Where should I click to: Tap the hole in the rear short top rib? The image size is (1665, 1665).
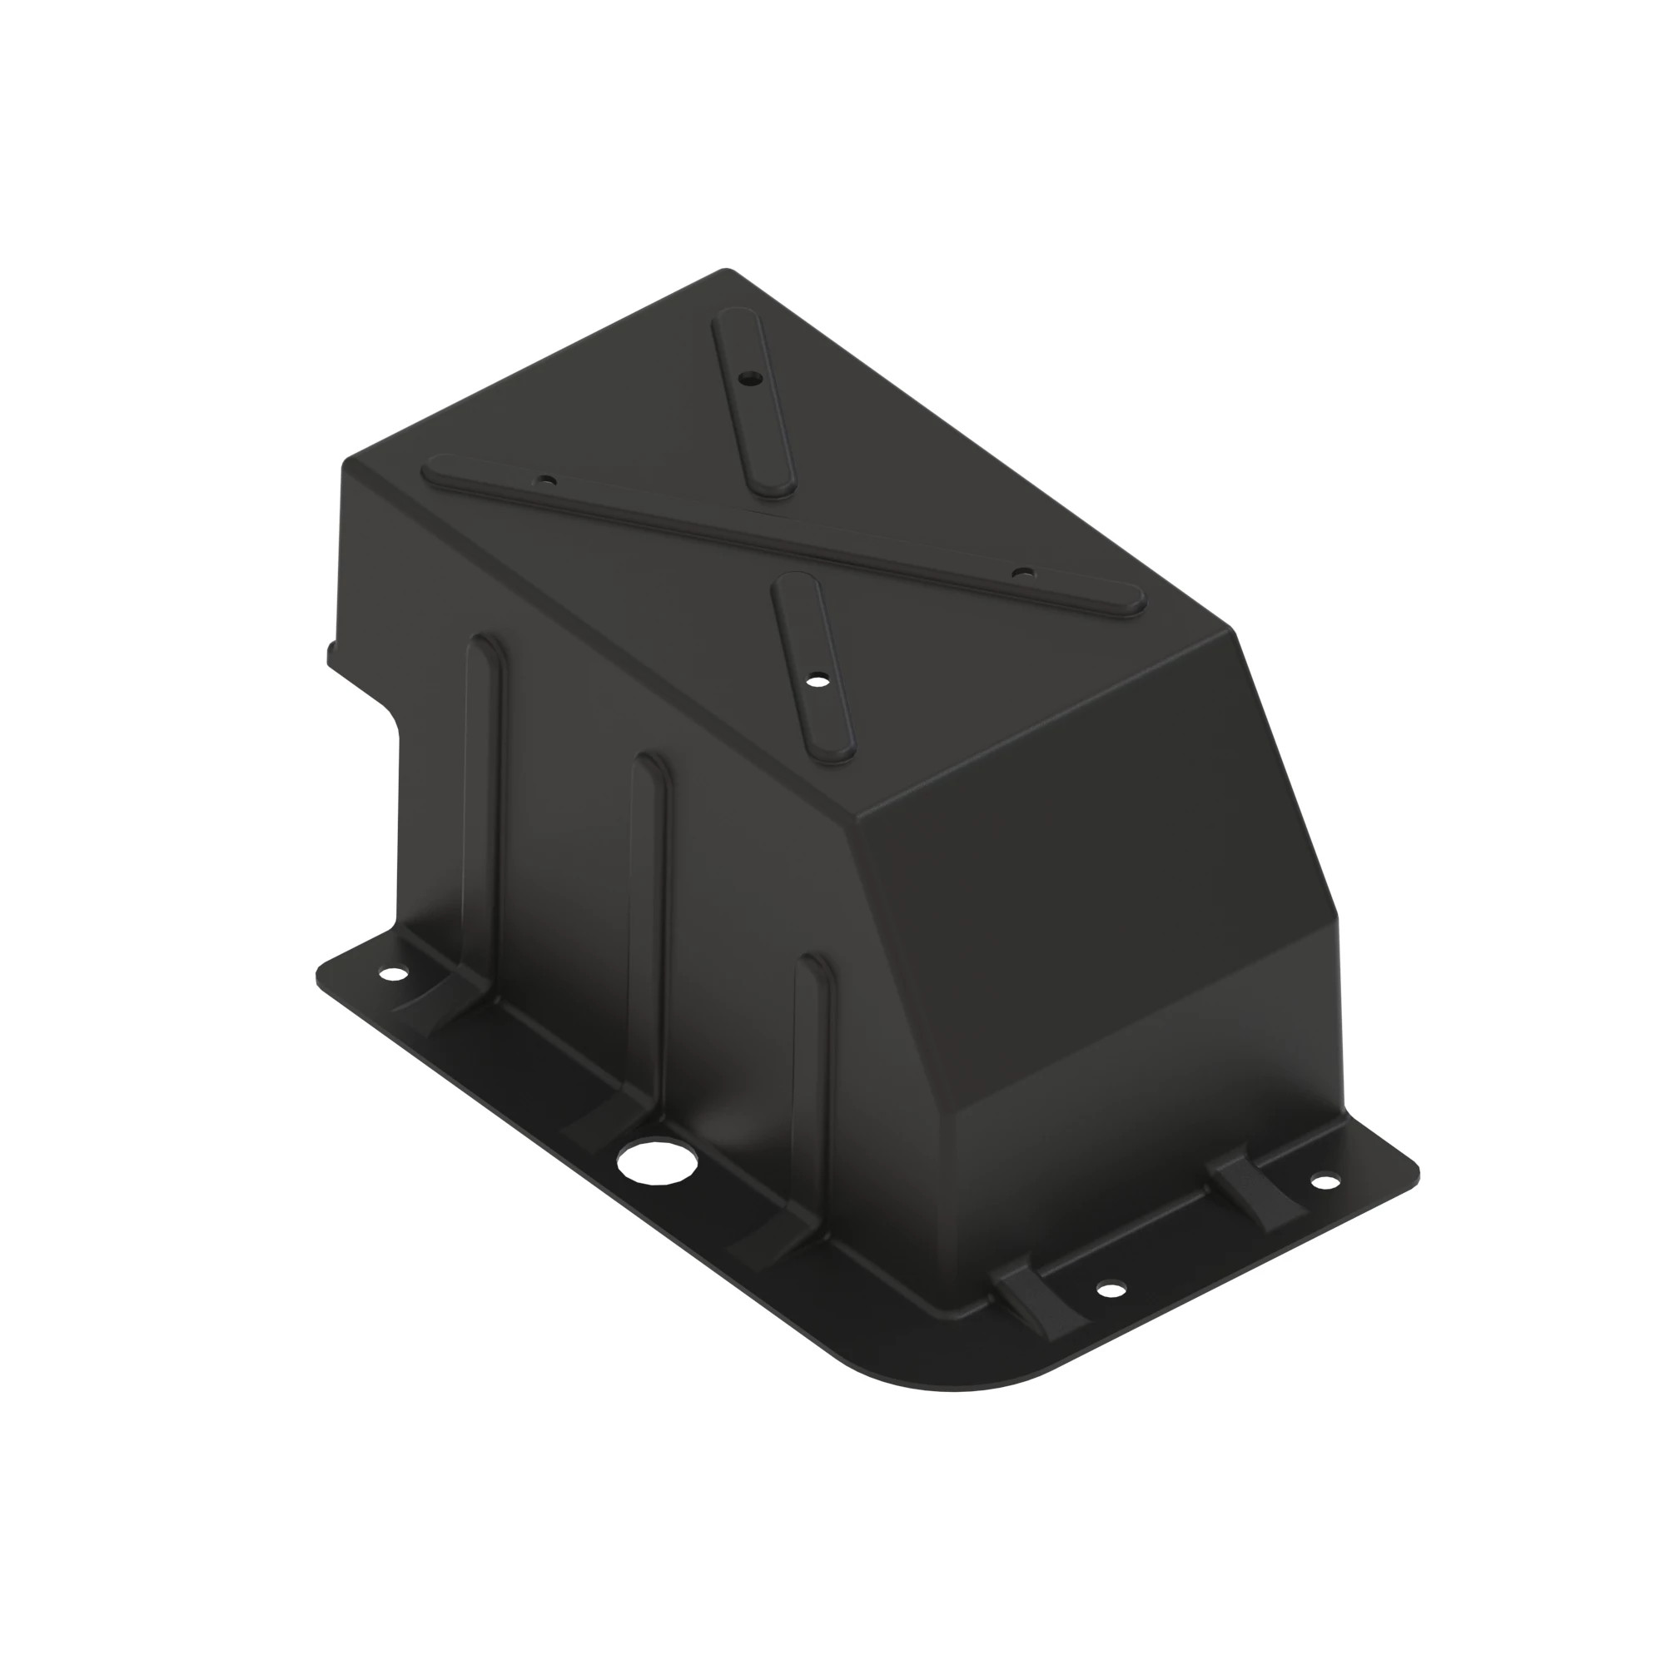752,377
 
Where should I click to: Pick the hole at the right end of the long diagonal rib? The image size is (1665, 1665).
1022,572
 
